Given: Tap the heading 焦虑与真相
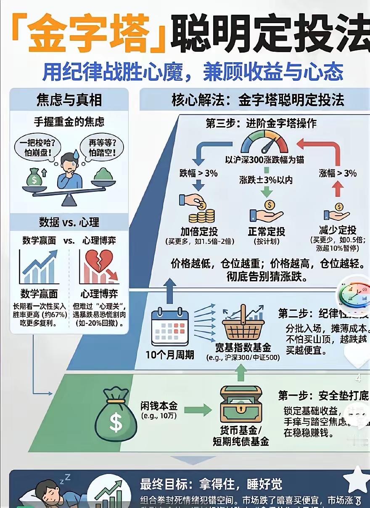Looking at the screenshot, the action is pyautogui.click(x=69, y=100).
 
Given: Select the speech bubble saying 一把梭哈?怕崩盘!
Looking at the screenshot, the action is pyautogui.click(x=37, y=148).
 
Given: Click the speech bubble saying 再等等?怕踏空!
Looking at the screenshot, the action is pyautogui.click(x=103, y=148).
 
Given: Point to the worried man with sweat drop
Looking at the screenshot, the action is pyautogui.click(x=69, y=170).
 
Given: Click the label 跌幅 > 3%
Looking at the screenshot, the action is pyautogui.click(x=198, y=173).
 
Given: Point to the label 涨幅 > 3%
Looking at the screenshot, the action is pyautogui.click(x=337, y=173).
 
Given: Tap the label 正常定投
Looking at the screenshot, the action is pyautogui.click(x=267, y=231).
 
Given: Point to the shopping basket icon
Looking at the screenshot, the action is pyautogui.click(x=243, y=324).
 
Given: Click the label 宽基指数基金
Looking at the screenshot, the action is pyautogui.click(x=243, y=348).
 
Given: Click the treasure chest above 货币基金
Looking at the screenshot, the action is pyautogui.click(x=241, y=405).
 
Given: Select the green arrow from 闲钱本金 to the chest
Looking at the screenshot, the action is pyautogui.click(x=197, y=410).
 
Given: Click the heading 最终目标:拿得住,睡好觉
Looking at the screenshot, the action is pyautogui.click(x=211, y=484).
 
